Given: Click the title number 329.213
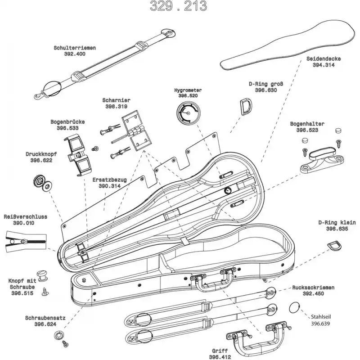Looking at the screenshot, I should pyautogui.click(x=178, y=6).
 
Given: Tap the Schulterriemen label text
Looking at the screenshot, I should pyautogui.click(x=75, y=48).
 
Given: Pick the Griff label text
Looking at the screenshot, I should pyautogui.click(x=220, y=351).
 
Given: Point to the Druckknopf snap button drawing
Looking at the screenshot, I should pyautogui.click(x=42, y=182).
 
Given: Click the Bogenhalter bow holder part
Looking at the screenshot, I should pyautogui.click(x=320, y=156).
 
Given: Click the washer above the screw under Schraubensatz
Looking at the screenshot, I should pyautogui.click(x=58, y=335).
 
